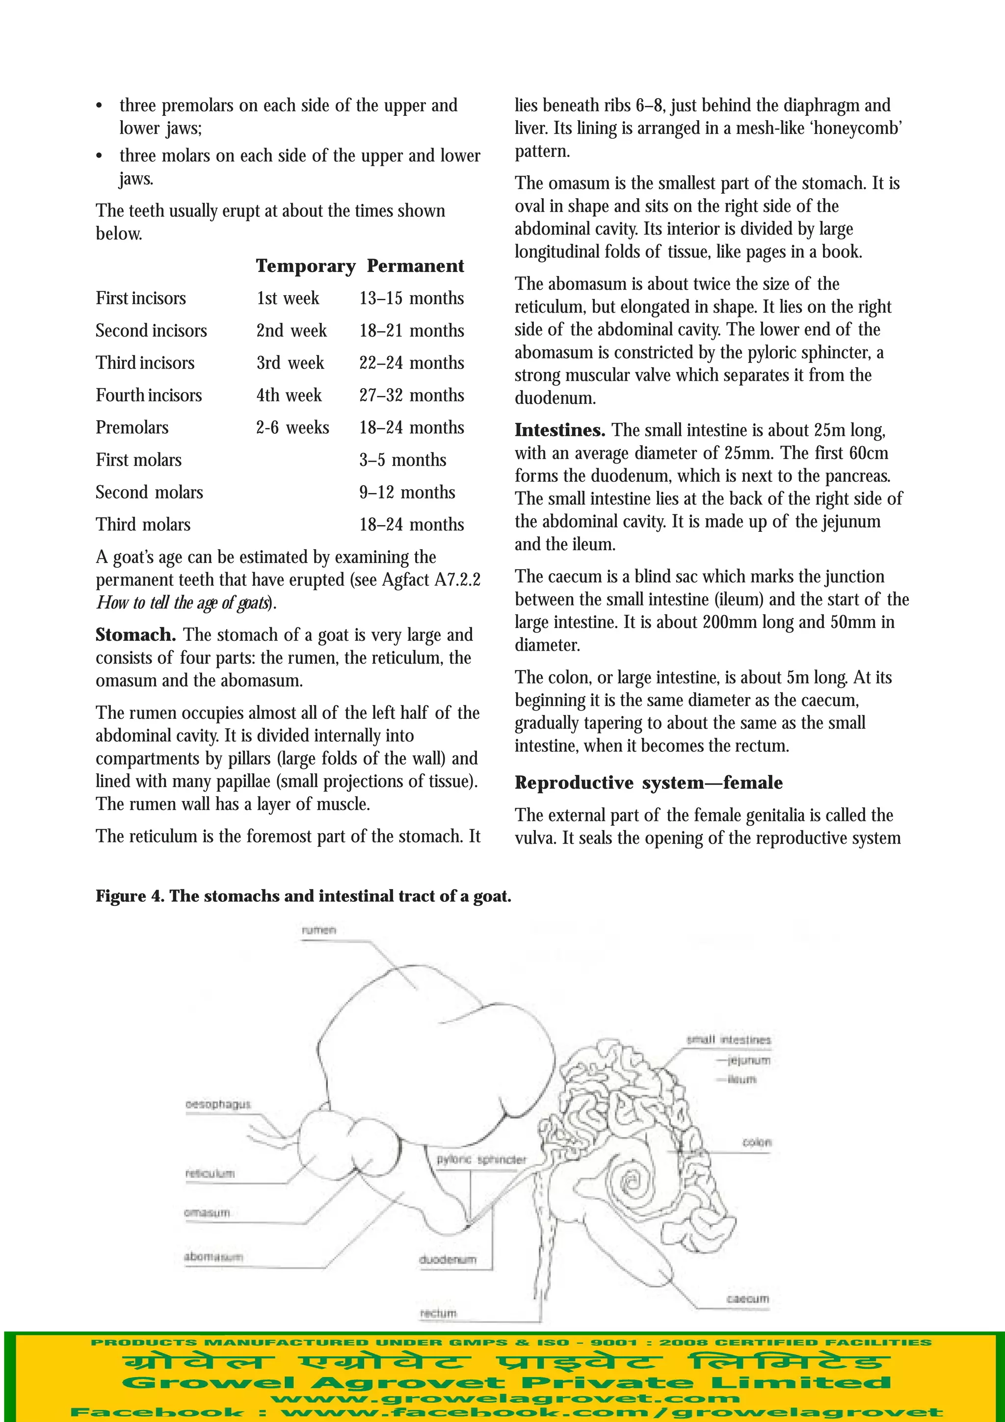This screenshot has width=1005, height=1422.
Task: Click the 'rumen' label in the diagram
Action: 319,930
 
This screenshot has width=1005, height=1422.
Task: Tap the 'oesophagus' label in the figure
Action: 218,1104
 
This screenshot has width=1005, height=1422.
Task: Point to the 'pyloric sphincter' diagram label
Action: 481,1159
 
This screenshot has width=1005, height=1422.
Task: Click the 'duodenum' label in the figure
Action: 448,1259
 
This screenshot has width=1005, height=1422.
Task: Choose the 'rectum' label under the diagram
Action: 438,1313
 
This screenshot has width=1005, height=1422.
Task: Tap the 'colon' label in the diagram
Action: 757,1141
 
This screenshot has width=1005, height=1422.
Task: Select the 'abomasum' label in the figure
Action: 213,1257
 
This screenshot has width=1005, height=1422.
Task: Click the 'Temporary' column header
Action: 305,265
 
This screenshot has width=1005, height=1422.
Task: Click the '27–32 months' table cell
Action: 411,395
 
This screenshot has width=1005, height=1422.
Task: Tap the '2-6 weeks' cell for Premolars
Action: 292,427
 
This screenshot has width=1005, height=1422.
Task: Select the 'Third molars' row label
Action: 143,525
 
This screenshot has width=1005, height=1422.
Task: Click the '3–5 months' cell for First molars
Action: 402,460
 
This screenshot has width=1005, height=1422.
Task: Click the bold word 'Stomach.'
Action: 135,635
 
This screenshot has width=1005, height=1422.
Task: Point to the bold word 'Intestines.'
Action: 560,430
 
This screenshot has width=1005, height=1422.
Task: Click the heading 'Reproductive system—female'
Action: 648,783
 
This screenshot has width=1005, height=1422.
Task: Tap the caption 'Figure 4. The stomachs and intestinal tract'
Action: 303,896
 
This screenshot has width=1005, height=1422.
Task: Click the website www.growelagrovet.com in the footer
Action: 505,1398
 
